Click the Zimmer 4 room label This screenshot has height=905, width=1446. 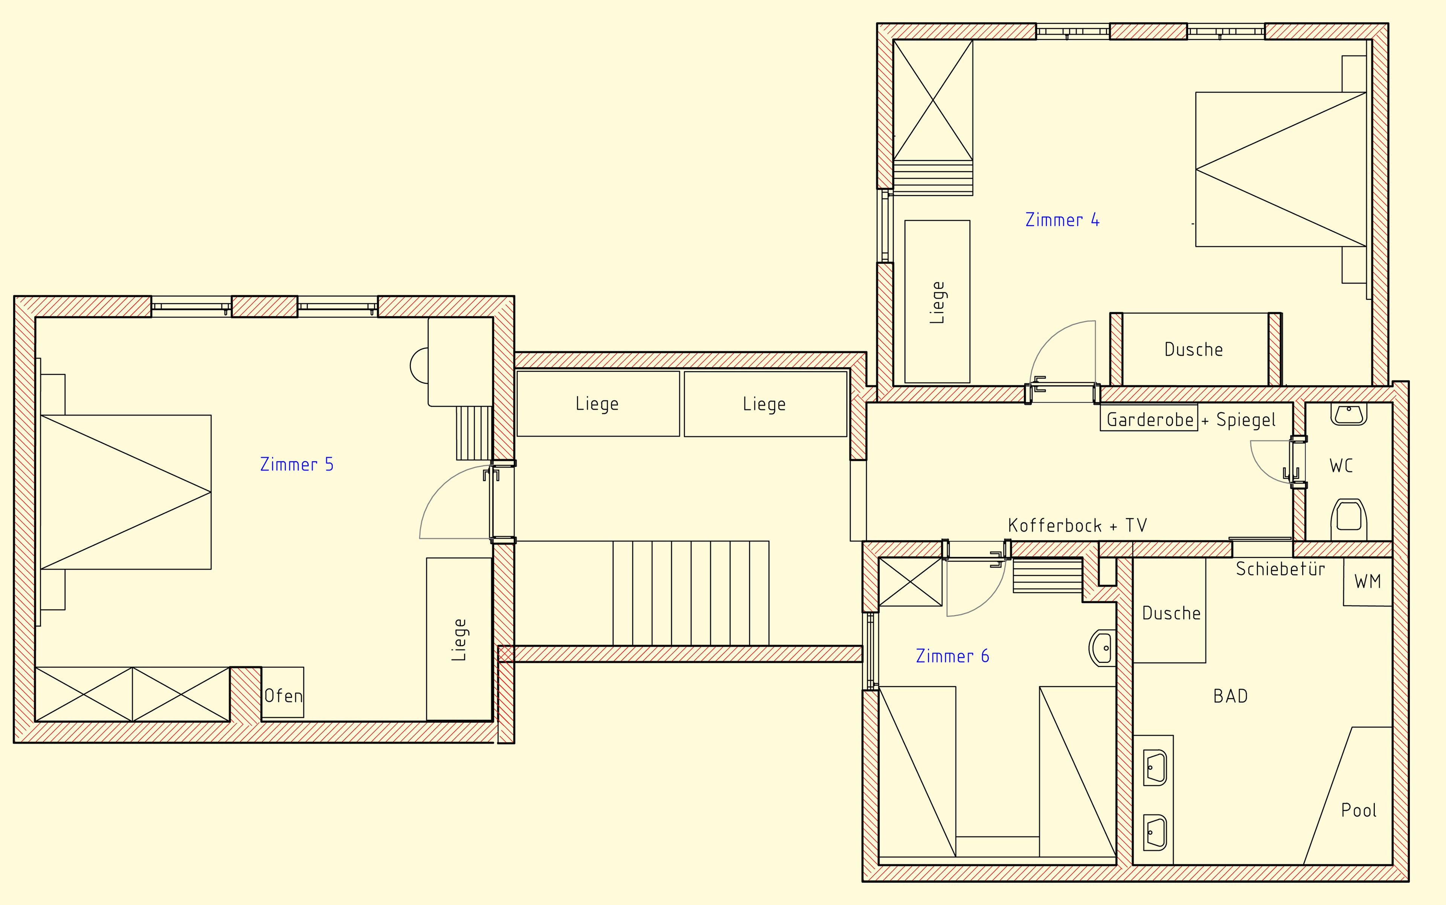point(1062,220)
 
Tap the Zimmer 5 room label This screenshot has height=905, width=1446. point(297,464)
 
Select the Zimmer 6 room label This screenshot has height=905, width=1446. point(952,656)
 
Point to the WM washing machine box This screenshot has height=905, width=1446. point(1368,582)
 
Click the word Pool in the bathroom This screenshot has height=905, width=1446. point(1359,810)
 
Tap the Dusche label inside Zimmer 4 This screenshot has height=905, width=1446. point(1193,349)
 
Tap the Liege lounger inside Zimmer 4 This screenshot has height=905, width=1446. point(937,302)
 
